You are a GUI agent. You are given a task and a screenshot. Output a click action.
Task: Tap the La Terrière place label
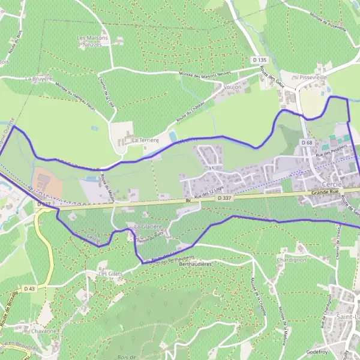tap(145, 140)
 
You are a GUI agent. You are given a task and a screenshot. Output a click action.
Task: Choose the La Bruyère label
tap(39, 78)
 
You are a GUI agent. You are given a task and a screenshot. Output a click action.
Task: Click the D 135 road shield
tap(258, 59)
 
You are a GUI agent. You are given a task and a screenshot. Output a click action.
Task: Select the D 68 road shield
tap(307, 142)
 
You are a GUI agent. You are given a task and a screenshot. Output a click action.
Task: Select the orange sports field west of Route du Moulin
tap(47, 184)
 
